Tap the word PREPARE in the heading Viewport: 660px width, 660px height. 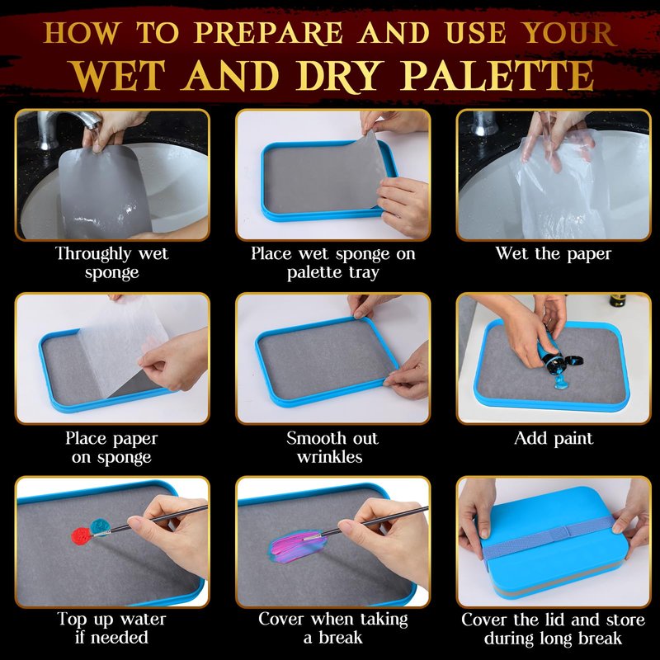tap(269, 33)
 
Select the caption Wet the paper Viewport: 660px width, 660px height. tap(553, 254)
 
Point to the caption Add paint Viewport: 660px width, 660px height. tap(554, 439)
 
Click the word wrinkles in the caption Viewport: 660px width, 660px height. tap(329, 457)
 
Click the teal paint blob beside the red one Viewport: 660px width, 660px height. tap(100, 527)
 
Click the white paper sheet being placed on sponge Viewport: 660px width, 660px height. tap(125, 343)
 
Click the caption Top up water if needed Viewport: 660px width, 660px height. tap(111, 629)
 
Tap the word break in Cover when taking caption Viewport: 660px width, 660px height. tap(340, 638)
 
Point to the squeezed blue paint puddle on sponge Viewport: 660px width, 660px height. tap(561, 381)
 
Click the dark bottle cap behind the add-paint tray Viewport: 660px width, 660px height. tap(617, 300)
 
